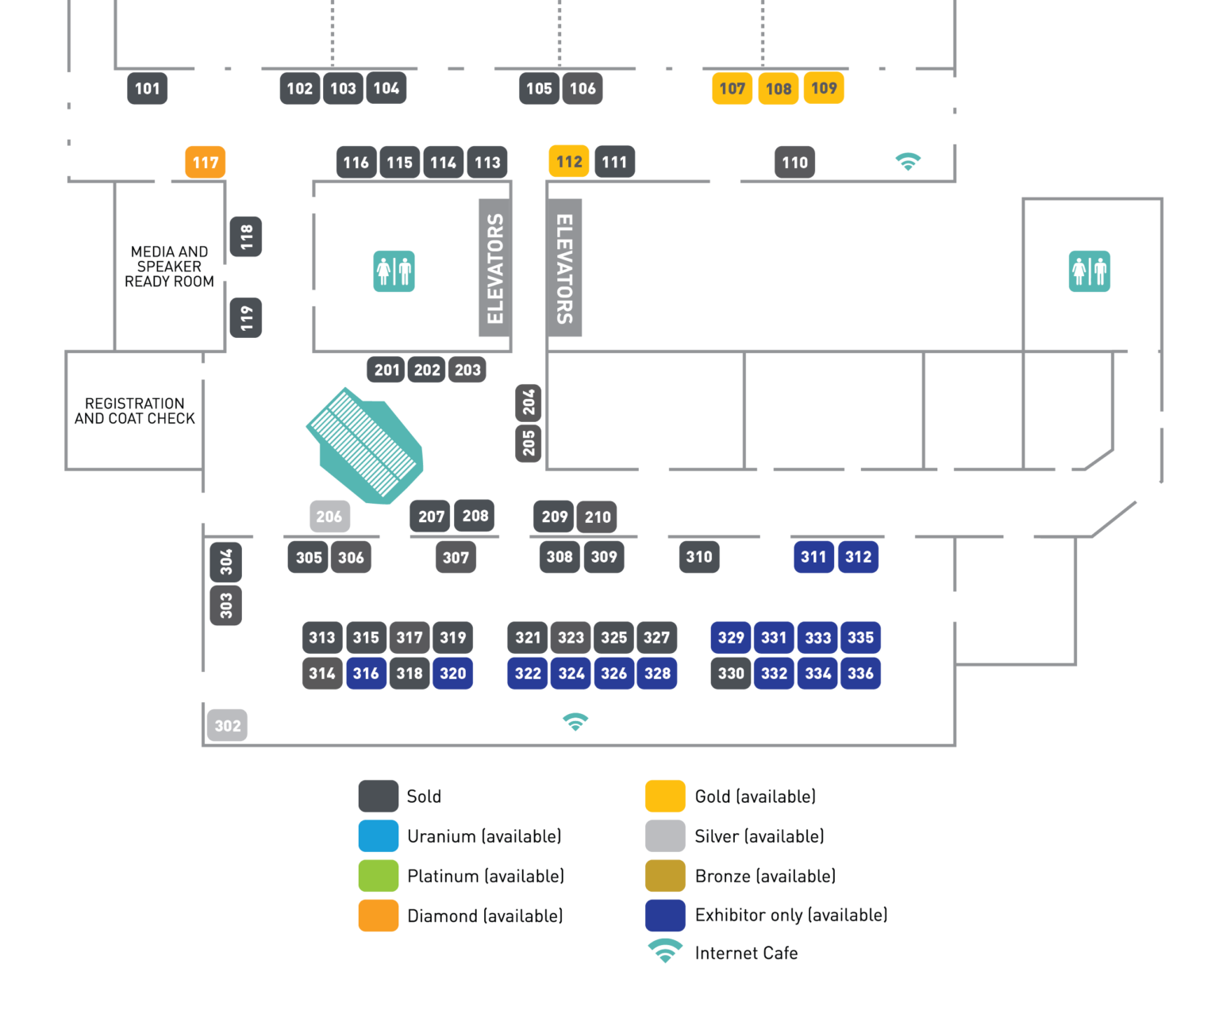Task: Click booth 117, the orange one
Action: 205,163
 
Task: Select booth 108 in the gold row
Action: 778,89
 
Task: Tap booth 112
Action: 569,162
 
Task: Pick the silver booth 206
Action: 329,517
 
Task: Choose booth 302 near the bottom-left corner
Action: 227,725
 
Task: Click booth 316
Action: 366,674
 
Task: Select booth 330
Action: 731,674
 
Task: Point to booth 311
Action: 813,557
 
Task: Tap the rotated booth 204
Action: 529,403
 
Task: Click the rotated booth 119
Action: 246,317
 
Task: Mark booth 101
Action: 148,89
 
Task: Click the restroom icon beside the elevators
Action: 394,271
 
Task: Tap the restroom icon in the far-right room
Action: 1089,271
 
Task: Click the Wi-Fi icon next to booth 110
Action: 908,162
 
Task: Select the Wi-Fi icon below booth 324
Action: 575,722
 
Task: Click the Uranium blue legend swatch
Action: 379,836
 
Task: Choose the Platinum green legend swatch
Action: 379,876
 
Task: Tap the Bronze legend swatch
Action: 665,876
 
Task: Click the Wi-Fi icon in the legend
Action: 665,950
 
